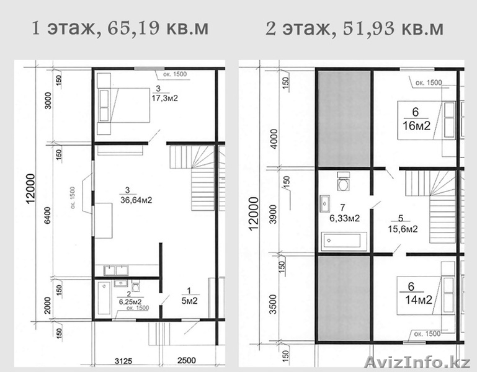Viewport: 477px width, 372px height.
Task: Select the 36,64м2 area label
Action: pos(136,200)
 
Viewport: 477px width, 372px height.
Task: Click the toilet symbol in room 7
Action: pos(342,181)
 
